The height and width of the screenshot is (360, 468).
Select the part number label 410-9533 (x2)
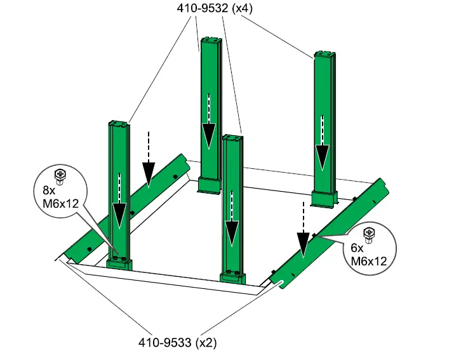[x=178, y=342]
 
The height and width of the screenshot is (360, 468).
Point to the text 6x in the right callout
[x=358, y=248]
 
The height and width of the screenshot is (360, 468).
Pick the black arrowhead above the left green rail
[x=149, y=170]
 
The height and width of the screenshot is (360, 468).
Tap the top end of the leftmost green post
[x=119, y=123]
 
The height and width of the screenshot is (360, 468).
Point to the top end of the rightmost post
[x=324, y=55]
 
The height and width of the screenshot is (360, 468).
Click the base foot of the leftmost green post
[x=119, y=263]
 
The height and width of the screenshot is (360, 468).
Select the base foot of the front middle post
[x=232, y=277]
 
